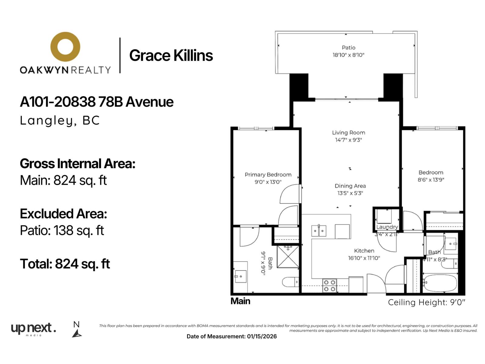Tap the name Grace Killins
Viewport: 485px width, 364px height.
coord(171,55)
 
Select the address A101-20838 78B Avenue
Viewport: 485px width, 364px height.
coord(97,102)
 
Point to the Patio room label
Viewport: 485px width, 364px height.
coord(349,48)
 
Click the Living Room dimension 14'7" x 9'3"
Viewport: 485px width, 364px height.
coord(349,140)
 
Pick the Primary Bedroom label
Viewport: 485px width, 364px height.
coord(268,175)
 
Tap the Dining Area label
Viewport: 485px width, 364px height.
coord(350,186)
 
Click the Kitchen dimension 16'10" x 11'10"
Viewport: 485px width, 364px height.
coord(364,258)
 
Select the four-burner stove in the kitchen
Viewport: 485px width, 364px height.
coord(329,285)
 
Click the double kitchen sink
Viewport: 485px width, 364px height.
coord(319,231)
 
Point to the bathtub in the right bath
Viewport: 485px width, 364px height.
coord(440,283)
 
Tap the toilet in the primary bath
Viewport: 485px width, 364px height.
coord(291,282)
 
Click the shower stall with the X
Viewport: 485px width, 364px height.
coord(288,257)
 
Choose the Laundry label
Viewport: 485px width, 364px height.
coord(387,227)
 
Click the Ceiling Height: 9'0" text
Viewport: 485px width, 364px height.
coord(427,302)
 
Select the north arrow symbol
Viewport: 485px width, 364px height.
coord(77,333)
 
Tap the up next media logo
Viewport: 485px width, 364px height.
coord(33,329)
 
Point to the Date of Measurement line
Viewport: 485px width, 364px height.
coord(232,336)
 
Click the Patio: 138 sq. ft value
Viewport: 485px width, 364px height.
coord(62,231)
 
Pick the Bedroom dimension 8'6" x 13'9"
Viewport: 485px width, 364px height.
coord(431,180)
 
